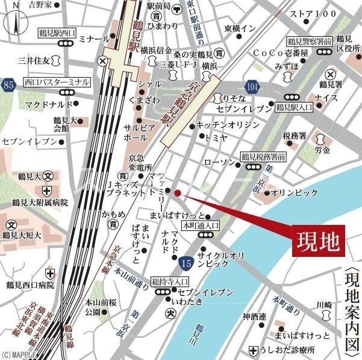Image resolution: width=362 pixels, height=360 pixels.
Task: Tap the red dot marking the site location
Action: click(178, 193)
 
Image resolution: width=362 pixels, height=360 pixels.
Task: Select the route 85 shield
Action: click(7, 85)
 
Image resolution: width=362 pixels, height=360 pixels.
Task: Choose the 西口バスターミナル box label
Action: click(57, 81)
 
